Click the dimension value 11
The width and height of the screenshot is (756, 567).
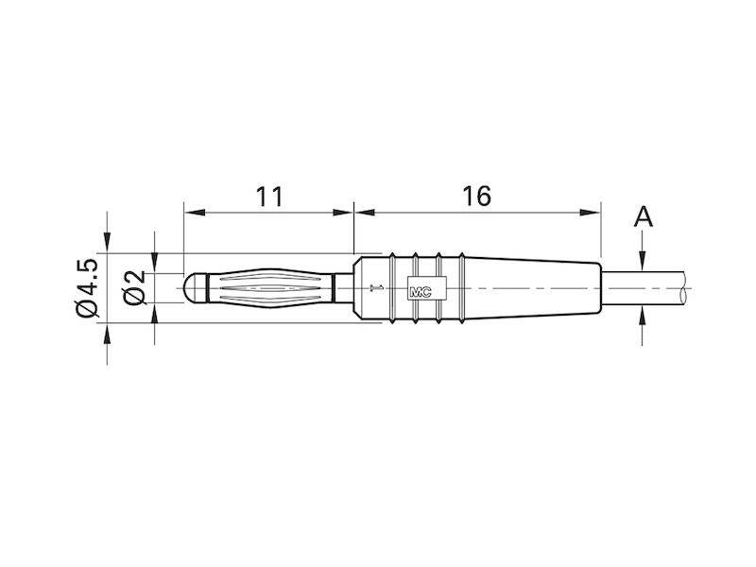tap(269, 196)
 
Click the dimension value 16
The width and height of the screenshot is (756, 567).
tap(477, 196)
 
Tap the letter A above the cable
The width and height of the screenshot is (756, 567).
tap(643, 217)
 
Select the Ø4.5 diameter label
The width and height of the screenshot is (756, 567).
tap(86, 287)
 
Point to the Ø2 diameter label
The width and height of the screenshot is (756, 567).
tap(135, 287)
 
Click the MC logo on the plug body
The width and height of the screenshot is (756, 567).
tap(420, 289)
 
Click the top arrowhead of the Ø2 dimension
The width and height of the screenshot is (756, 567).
tap(155, 268)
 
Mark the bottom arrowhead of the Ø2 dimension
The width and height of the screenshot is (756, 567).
tap(155, 309)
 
